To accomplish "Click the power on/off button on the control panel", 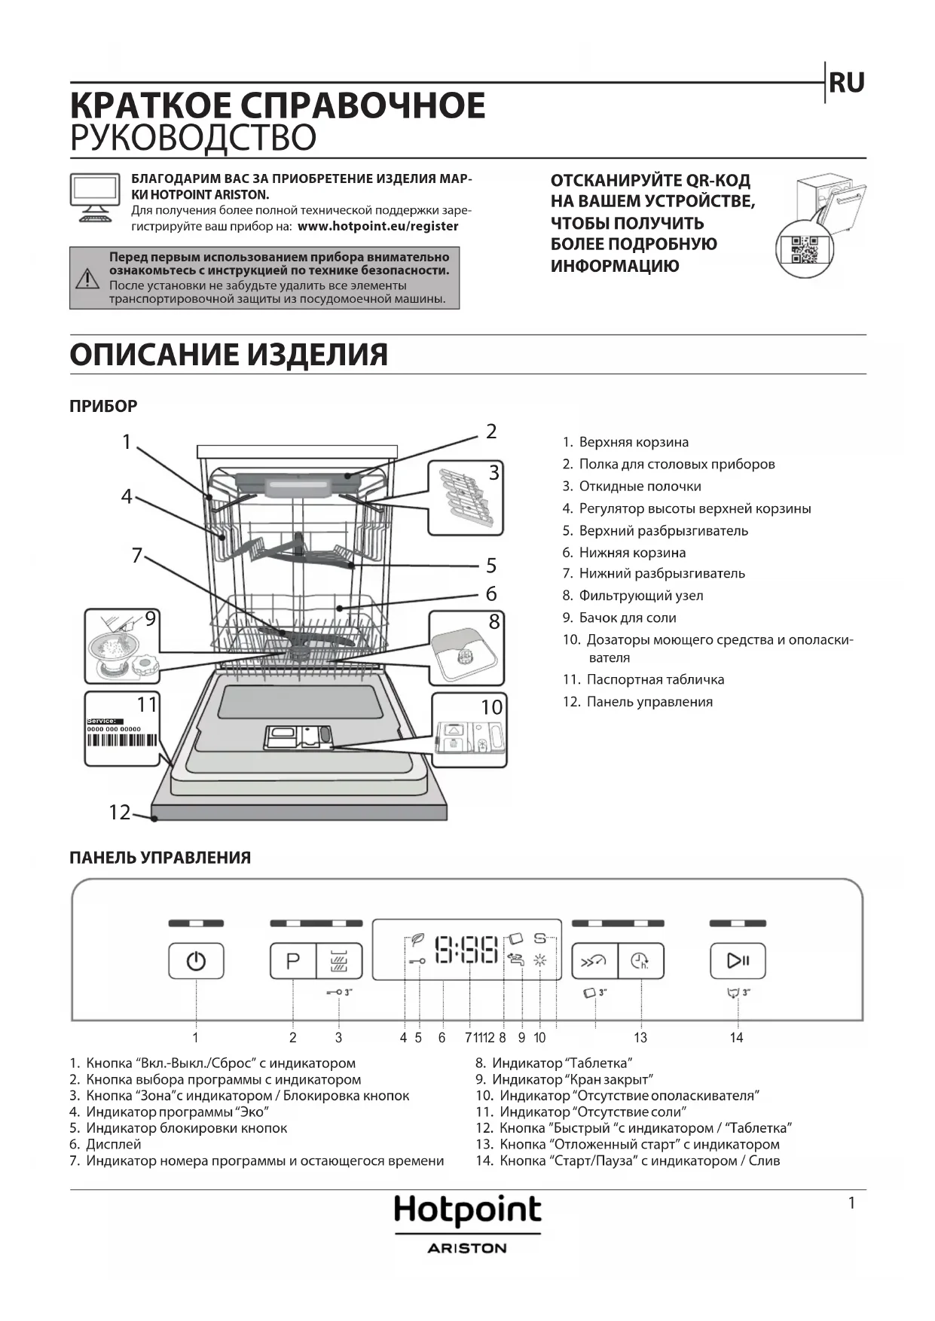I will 196,961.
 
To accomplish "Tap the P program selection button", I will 293,961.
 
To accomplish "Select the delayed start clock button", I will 640,961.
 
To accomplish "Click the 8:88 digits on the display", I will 467,950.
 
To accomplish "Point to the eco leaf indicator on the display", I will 417,939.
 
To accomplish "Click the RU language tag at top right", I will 846,83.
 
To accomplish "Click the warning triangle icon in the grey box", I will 88,279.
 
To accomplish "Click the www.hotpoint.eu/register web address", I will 378,226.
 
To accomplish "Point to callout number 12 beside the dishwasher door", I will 120,812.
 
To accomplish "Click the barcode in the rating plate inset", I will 122,740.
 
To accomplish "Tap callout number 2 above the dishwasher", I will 491,432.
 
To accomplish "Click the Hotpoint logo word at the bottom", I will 467,1210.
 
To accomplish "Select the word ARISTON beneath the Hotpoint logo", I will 467,1248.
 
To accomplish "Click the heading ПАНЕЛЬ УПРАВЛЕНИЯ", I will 160,857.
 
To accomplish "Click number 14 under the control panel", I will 736,1038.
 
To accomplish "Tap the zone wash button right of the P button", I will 339,961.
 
